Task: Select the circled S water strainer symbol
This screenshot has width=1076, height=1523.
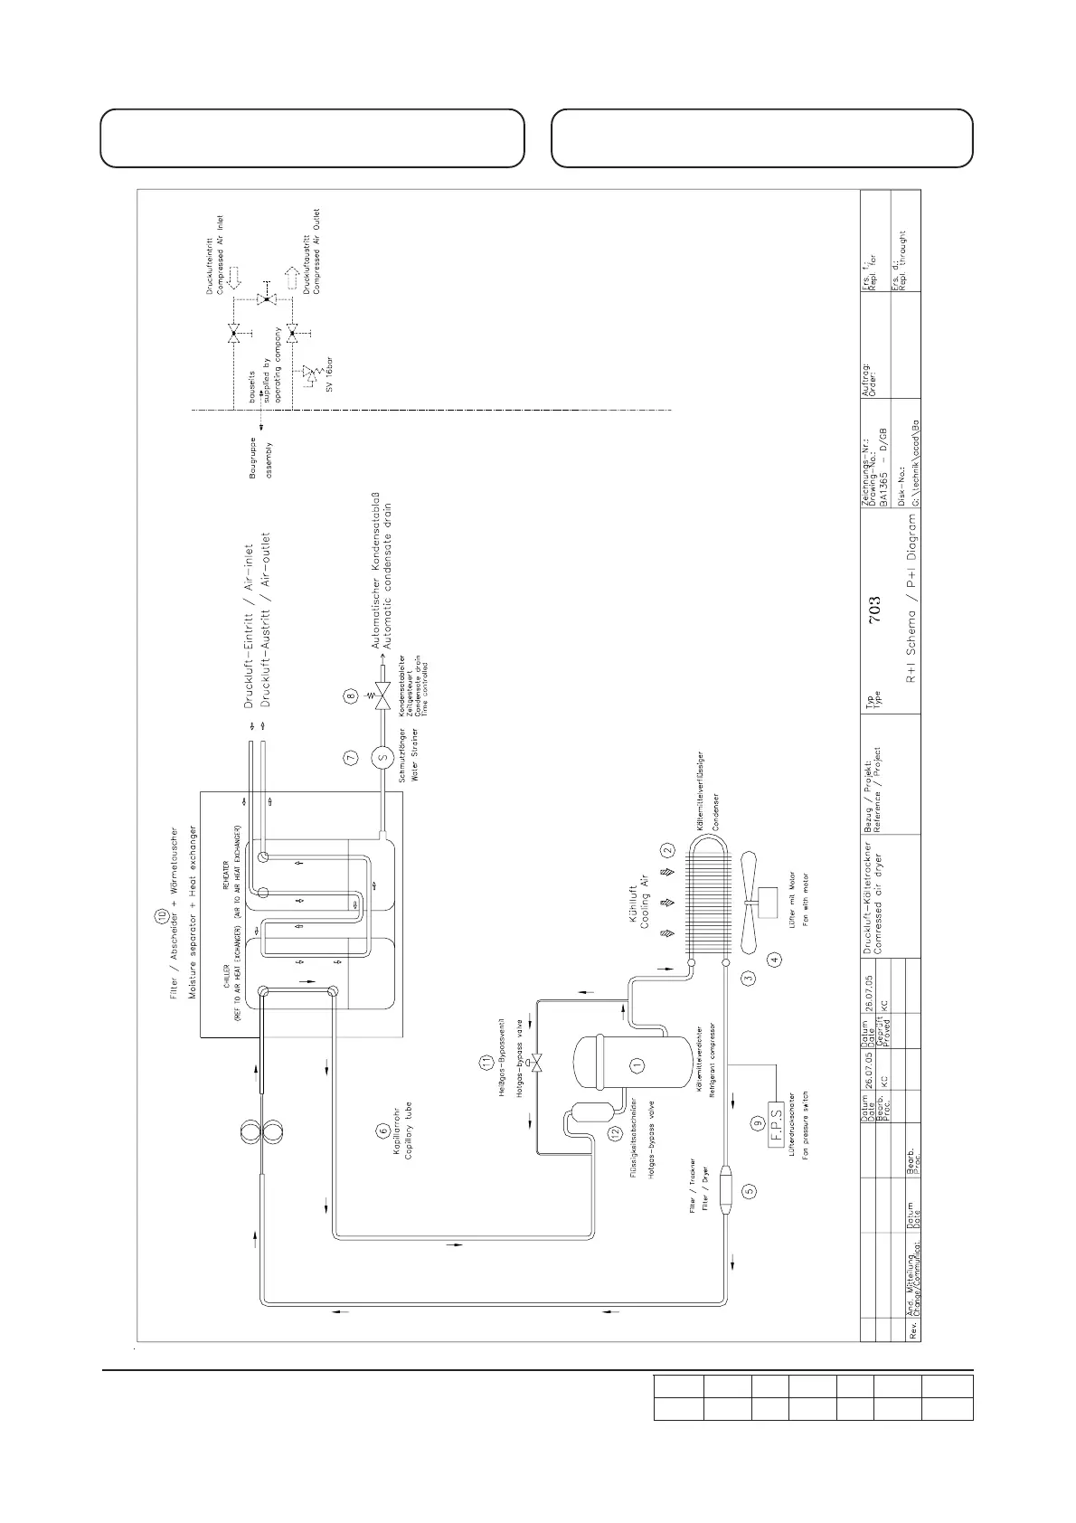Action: tap(381, 758)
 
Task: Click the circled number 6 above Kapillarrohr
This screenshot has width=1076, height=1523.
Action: tap(382, 1130)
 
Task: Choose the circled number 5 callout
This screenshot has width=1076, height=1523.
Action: tap(749, 1191)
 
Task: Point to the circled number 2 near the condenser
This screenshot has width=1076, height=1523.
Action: tap(667, 850)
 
